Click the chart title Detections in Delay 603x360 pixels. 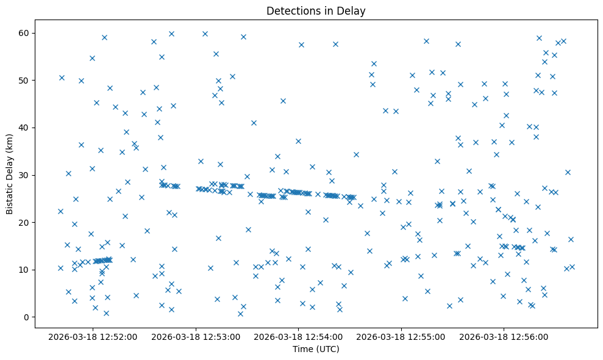316,10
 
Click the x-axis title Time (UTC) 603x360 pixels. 316,349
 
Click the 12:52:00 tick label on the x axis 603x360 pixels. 93,336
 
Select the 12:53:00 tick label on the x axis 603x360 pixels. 196,336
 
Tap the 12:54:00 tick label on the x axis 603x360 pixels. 299,336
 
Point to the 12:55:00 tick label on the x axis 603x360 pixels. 402,336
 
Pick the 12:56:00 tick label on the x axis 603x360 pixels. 504,336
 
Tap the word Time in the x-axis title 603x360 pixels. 303,349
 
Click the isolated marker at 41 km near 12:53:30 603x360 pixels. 254,123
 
